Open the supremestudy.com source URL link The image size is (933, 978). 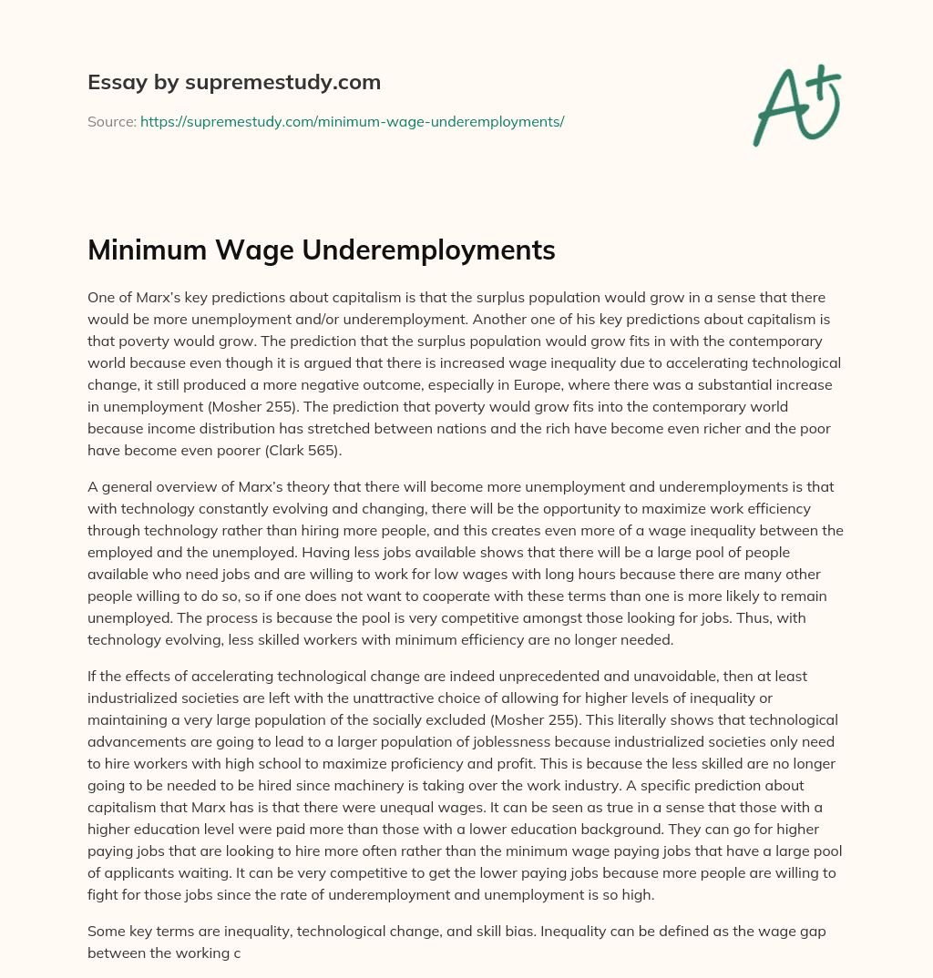(x=352, y=121)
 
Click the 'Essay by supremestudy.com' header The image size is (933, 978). (x=233, y=83)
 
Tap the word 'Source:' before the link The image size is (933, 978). (x=112, y=121)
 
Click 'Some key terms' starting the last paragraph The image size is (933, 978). (x=137, y=931)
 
